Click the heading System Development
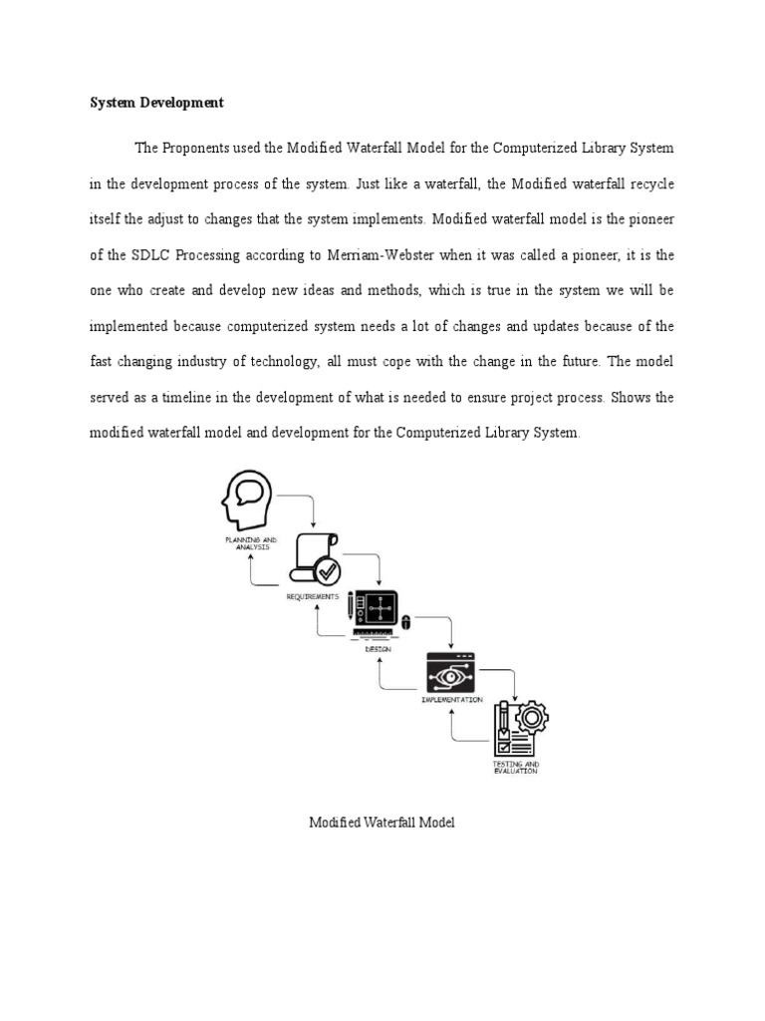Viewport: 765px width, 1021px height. pyautogui.click(x=157, y=103)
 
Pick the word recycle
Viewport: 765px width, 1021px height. pyautogui.click(x=646, y=183)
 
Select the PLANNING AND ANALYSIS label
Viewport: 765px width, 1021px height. pyautogui.click(x=250, y=543)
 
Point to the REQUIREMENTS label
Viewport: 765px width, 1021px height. pyautogui.click(x=314, y=598)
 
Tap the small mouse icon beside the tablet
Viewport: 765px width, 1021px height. pyautogui.click(x=405, y=622)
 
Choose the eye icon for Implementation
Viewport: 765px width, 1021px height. pyautogui.click(x=450, y=673)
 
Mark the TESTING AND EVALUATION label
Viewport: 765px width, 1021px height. pyautogui.click(x=516, y=768)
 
